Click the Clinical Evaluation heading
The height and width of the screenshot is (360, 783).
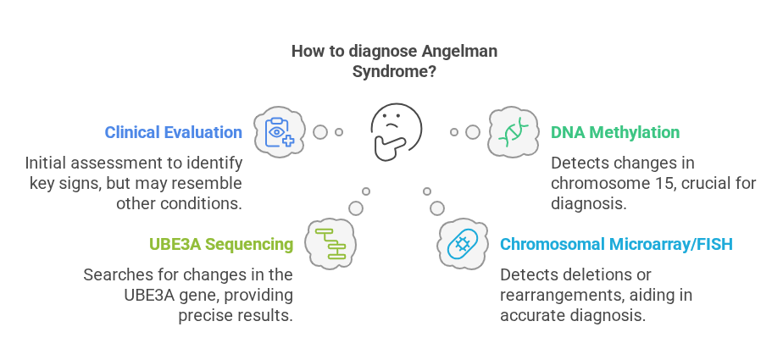click(x=173, y=132)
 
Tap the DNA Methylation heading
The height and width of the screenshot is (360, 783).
click(x=615, y=132)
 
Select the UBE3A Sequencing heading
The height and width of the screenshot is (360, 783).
click(x=221, y=245)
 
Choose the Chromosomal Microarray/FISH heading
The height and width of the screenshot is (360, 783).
click(x=616, y=245)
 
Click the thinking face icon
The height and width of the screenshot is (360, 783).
click(x=396, y=130)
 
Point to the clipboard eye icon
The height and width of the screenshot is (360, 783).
click(x=280, y=132)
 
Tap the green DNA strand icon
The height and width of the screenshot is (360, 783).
click(x=514, y=132)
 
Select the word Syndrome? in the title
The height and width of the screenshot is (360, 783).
click(x=394, y=72)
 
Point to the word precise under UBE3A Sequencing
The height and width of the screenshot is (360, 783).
click(x=203, y=316)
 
